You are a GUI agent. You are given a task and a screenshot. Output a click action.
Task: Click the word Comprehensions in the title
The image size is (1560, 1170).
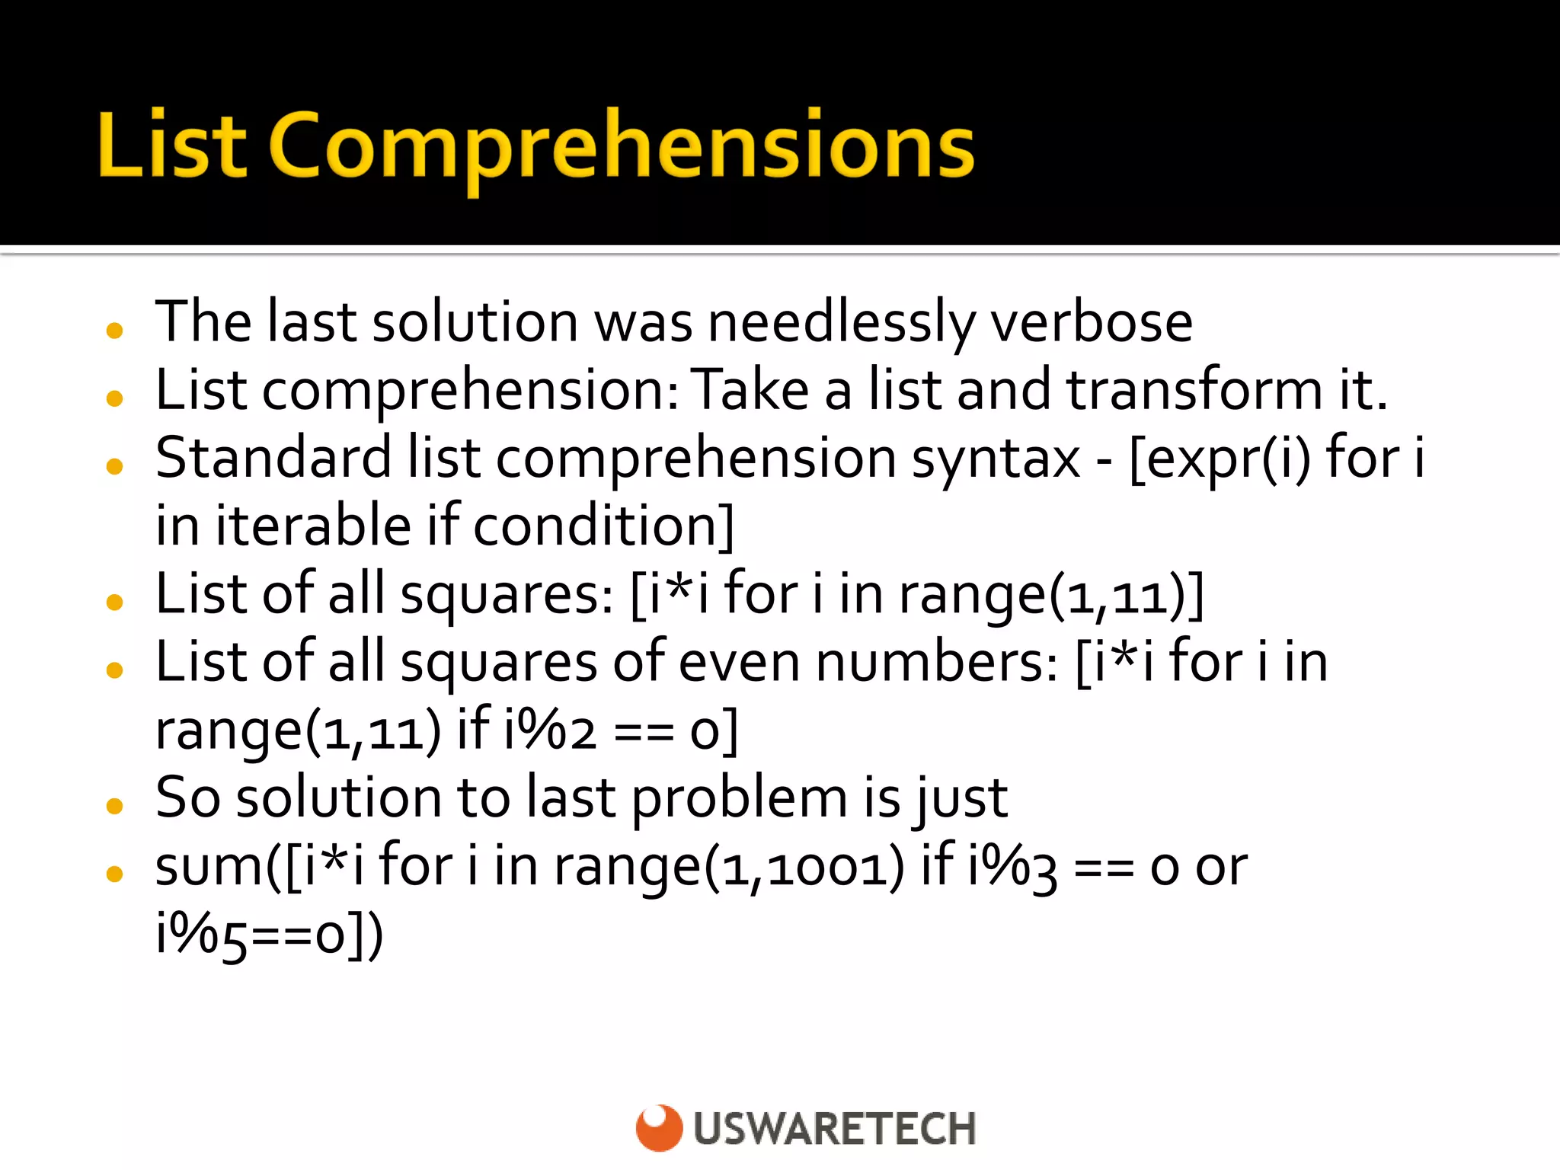(x=621, y=146)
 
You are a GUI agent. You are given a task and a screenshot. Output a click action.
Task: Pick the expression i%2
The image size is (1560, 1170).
(x=549, y=730)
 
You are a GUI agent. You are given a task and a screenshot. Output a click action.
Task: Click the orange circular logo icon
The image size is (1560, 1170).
(x=659, y=1127)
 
